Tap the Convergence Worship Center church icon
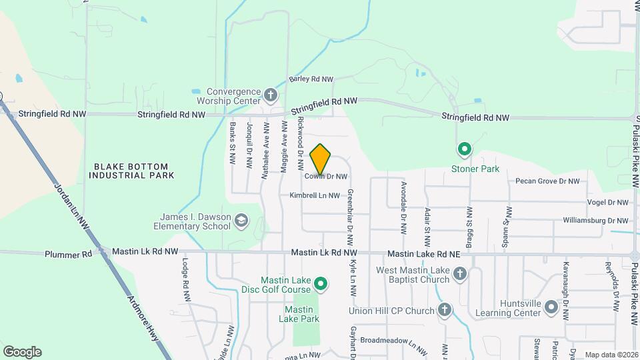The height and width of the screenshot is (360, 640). point(271,95)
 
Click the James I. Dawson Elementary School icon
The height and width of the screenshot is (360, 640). point(241,221)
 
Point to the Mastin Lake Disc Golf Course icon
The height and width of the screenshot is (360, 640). point(320,285)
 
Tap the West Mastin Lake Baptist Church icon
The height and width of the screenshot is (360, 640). point(459,274)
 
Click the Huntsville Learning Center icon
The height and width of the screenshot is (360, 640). point(551,307)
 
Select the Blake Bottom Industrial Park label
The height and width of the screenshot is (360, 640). point(131,171)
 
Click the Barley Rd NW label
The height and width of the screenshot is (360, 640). point(311,79)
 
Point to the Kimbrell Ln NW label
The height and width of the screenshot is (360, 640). point(315,196)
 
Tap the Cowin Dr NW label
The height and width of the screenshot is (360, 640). point(327,177)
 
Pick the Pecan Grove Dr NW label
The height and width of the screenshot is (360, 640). point(549,181)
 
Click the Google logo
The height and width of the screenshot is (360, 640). point(22,352)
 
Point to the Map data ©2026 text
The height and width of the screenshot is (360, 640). point(611,355)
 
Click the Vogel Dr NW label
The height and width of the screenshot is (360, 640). point(607,203)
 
